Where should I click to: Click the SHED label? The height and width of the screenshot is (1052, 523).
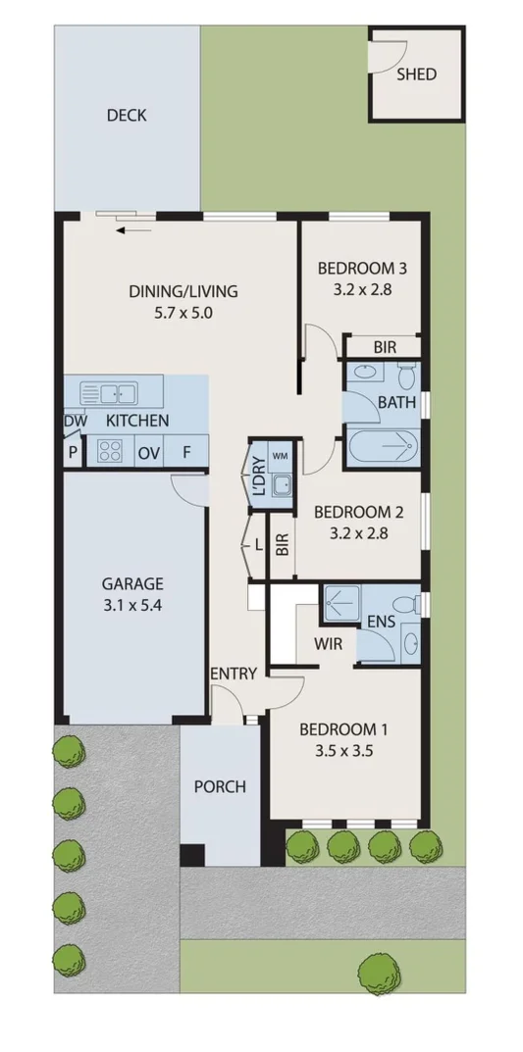417,75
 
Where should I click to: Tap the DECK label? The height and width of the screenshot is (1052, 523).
127,116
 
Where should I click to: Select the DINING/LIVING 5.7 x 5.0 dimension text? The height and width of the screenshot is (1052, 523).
183,314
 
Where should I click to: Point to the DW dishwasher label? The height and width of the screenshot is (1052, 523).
75,422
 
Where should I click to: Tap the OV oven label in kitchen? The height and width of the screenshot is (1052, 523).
148,453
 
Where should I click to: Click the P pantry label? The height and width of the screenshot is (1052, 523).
73,453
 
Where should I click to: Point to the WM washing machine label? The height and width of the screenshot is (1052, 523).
280,457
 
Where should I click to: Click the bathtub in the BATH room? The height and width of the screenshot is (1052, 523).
382,449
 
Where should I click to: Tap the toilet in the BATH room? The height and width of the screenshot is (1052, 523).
406,375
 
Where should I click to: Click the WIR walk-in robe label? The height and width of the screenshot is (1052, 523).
328,645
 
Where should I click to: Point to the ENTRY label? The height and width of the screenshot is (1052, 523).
234,674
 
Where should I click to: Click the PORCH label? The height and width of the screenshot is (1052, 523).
220,786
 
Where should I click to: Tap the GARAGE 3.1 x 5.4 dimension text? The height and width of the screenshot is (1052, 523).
131,606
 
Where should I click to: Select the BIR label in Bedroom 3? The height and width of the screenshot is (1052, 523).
384,347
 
